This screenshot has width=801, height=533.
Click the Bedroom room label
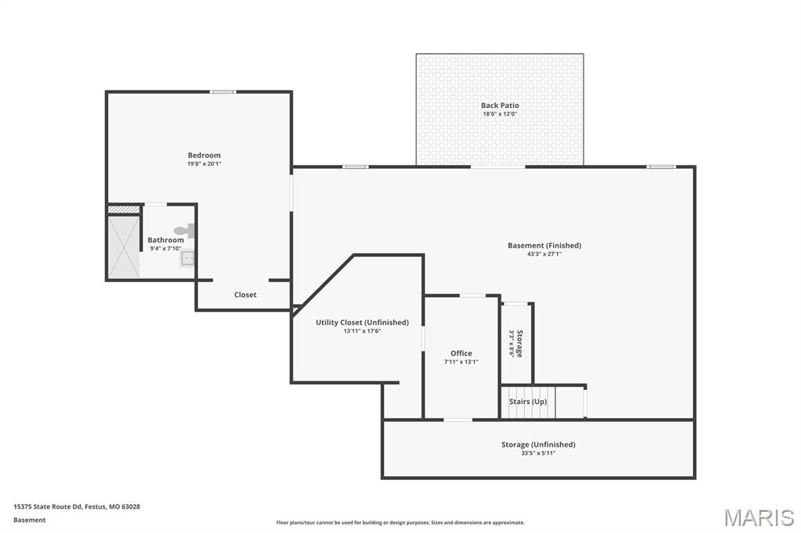[204, 156]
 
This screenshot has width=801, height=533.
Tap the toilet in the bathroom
[185, 231]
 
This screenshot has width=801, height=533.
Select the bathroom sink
[188, 257]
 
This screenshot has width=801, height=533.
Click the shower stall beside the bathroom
[124, 246]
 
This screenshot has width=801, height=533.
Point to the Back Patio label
[500, 106]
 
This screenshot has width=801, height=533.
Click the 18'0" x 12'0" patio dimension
[500, 114]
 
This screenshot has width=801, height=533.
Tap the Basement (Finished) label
[544, 245]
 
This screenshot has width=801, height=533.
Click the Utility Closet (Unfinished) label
[362, 322]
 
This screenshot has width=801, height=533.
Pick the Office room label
[461, 353]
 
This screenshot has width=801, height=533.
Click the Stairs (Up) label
[528, 402]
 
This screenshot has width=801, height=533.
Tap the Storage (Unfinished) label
[538, 445]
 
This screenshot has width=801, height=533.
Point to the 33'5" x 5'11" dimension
[538, 453]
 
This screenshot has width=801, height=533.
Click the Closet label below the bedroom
[246, 295]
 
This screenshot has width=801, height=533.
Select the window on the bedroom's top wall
[223, 92]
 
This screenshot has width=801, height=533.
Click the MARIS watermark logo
[759, 517]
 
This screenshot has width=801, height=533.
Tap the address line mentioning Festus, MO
[77, 506]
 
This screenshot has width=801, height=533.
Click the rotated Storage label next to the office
[519, 343]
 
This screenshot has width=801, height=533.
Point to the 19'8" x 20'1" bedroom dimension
[204, 164]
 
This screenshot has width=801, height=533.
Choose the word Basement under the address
[30, 520]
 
